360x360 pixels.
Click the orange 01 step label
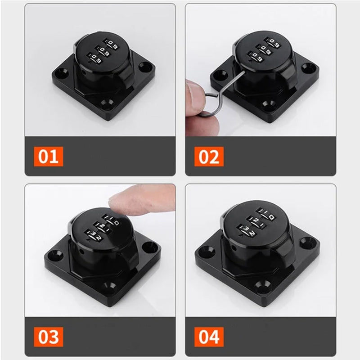coord(48,157)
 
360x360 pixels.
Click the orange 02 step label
coord(209,157)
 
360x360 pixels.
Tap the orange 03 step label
coord(48,336)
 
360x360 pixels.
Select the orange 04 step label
coord(209,336)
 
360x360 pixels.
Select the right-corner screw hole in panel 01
coord(145,67)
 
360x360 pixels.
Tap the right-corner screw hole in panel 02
coord(308,67)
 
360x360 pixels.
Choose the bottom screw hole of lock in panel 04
coord(261,284)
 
